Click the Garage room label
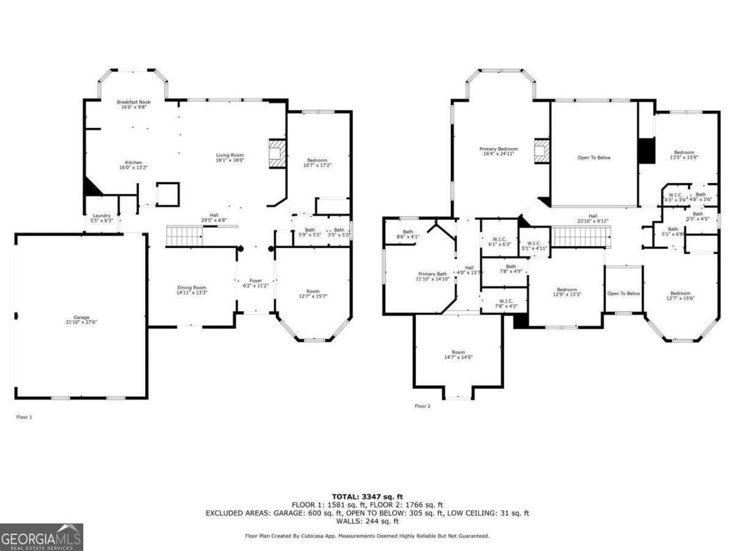[81, 320]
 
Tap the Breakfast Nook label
[134, 104]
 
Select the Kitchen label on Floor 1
[134, 165]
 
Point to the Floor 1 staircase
[184, 235]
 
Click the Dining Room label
[192, 290]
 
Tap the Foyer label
[256, 283]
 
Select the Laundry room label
[101, 218]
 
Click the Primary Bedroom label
[498, 151]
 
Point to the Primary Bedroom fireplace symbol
[541, 151]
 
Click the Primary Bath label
[432, 276]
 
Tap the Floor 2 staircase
[582, 235]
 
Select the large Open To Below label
[594, 157]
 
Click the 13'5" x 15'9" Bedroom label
[684, 154]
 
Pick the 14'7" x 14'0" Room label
[458, 354]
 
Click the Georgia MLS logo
[42, 537]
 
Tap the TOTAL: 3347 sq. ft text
[367, 497]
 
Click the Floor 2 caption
[423, 406]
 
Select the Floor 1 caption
[23, 417]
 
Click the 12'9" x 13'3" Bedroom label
[567, 292]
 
